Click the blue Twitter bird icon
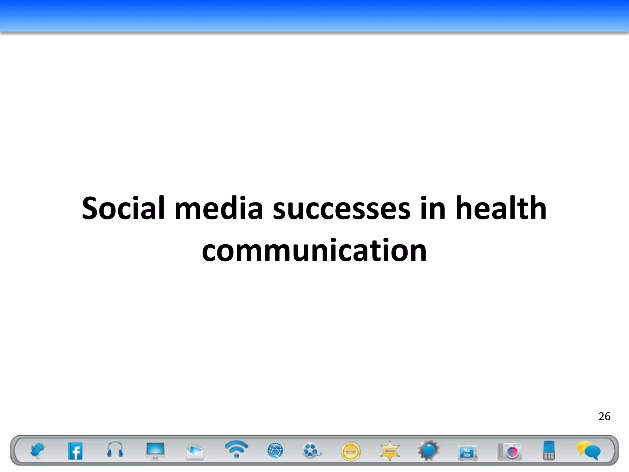click(38, 450)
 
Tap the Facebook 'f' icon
click(75, 451)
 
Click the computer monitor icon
click(155, 451)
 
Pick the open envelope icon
click(195, 451)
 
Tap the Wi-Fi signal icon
click(236, 449)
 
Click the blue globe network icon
click(275, 451)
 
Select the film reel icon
click(311, 450)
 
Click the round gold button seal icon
click(351, 452)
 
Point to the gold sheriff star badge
click(390, 451)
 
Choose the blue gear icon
click(429, 450)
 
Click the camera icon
click(510, 451)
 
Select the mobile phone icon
click(549, 450)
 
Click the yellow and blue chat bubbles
click(589, 450)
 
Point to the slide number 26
click(604, 416)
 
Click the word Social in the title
click(123, 208)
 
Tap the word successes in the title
click(342, 208)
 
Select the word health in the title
click(501, 208)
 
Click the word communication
click(314, 250)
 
